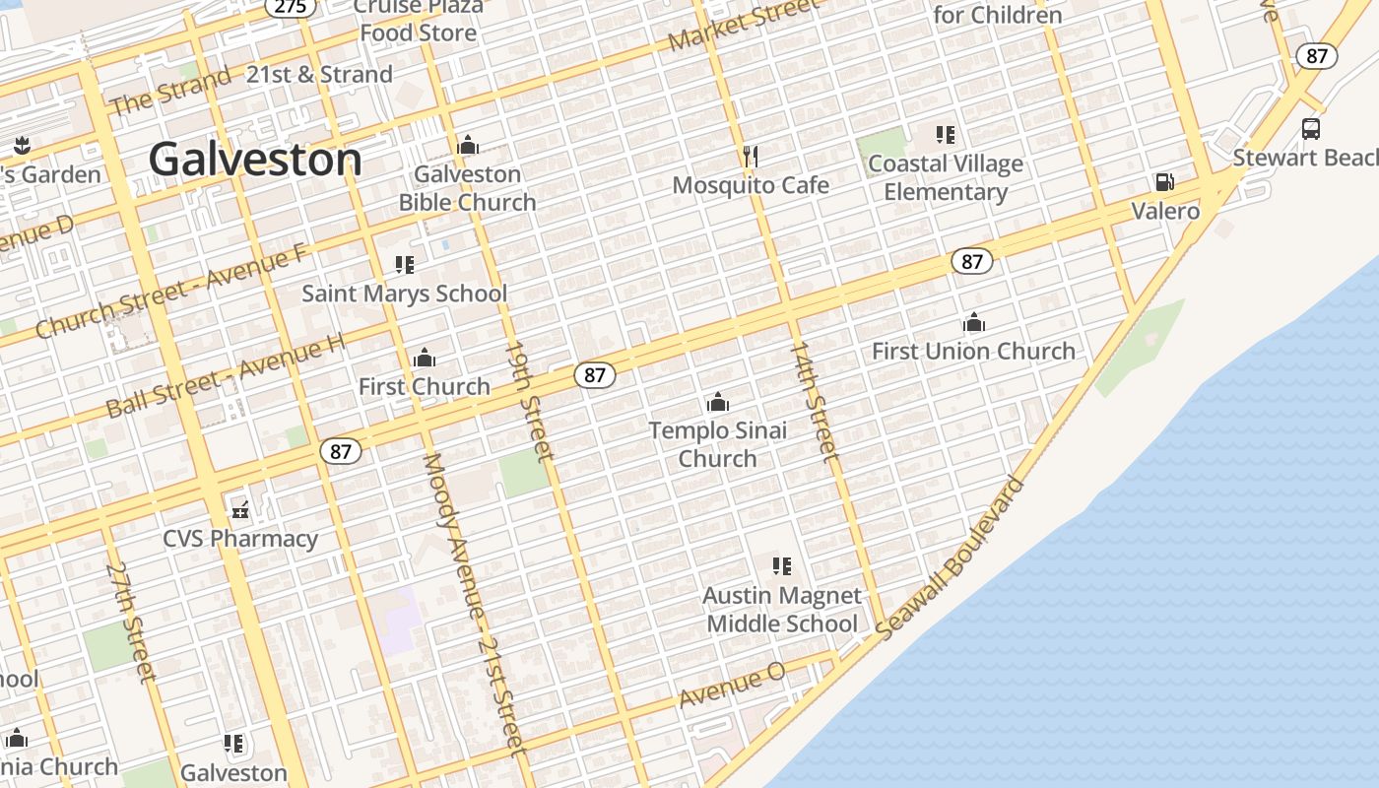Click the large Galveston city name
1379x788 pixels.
[x=255, y=160]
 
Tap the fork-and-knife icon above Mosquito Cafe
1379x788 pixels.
[x=751, y=156]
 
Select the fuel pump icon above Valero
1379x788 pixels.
[x=1164, y=182]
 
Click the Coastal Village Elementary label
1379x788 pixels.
[x=946, y=177]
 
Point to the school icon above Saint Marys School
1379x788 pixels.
[x=404, y=265]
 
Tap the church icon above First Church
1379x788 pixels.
[x=425, y=358]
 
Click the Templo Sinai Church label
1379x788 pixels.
[x=718, y=444]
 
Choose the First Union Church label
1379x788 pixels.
[x=973, y=351]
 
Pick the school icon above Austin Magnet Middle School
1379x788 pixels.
[x=782, y=566]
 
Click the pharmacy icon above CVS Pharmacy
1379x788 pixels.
[x=240, y=510]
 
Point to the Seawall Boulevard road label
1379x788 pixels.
[x=951, y=558]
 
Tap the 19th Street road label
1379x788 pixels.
[x=530, y=400]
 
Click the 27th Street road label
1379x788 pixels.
[x=131, y=622]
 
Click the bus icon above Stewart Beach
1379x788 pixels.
[x=1311, y=129]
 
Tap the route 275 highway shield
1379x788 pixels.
[x=291, y=6]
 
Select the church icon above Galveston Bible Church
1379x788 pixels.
[x=468, y=146]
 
